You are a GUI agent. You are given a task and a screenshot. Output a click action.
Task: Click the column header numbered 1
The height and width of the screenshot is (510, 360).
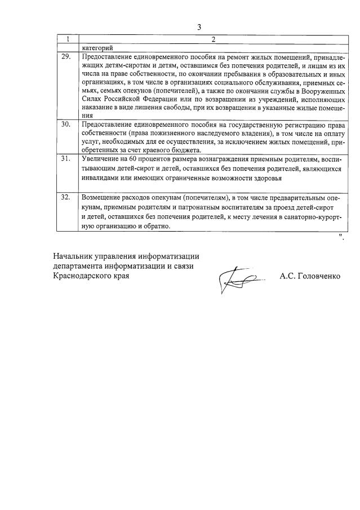pos(68,39)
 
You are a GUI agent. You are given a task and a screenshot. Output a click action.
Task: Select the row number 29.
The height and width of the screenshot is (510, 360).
pos(66,57)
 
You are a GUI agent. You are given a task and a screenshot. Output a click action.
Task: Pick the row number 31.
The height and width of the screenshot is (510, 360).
pos(66,159)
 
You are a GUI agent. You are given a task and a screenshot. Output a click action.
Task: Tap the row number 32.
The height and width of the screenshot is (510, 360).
pos(66,198)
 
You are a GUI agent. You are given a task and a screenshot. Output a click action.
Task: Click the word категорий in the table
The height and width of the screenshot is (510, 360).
pos(97,48)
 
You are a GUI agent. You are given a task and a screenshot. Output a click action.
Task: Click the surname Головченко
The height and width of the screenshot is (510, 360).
pos(318,277)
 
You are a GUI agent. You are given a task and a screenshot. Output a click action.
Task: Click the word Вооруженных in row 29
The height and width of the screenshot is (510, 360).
pos(321,96)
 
